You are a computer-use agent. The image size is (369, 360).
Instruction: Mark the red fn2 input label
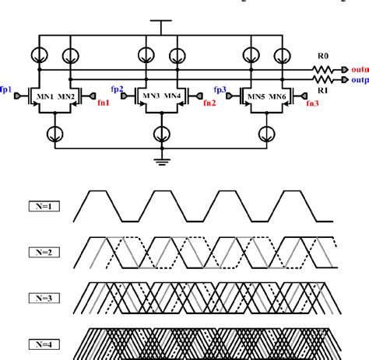pyautogui.click(x=209, y=103)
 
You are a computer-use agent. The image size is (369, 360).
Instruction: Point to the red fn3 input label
pyautogui.click(x=312, y=103)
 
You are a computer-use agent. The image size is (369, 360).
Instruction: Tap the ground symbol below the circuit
pyautogui.click(x=161, y=161)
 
